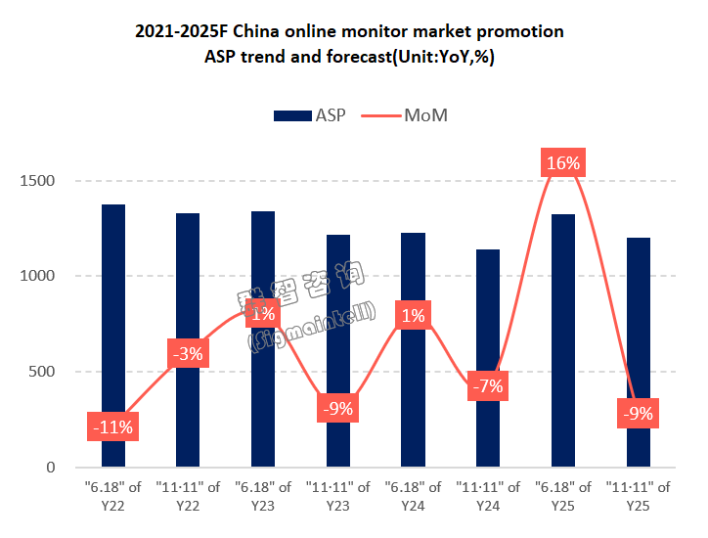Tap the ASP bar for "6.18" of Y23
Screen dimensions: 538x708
[263, 391]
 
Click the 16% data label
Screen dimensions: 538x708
[563, 163]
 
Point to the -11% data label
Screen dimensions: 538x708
[113, 426]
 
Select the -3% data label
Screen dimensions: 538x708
[188, 353]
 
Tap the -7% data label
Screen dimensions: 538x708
[488, 385]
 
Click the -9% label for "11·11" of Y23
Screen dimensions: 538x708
[337, 408]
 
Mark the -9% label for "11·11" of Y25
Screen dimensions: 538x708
[638, 414]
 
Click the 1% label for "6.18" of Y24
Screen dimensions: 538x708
[413, 315]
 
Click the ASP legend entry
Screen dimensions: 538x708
[305, 115]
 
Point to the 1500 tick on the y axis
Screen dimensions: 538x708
[37, 181]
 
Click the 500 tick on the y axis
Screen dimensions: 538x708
[42, 372]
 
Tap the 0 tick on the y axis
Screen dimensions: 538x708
[51, 468]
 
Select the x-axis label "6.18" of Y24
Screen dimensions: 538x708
[413, 495]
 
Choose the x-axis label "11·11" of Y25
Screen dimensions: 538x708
[638, 495]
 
